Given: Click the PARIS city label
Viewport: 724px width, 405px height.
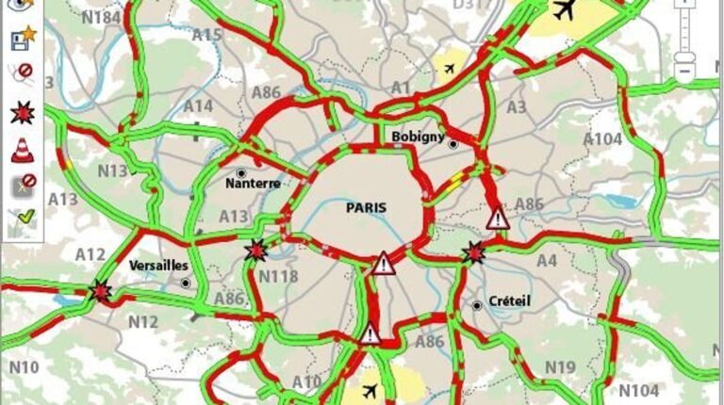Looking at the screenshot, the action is [x=367, y=207].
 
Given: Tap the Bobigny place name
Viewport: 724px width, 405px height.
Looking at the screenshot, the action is [x=418, y=137].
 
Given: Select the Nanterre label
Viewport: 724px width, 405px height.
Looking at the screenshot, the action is [x=253, y=184].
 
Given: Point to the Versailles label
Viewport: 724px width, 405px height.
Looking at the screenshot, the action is [x=156, y=266].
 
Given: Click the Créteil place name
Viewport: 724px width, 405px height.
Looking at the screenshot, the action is [x=510, y=300].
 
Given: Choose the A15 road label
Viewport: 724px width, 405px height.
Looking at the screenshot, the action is [x=206, y=36].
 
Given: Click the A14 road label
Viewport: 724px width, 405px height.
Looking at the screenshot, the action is [x=198, y=105].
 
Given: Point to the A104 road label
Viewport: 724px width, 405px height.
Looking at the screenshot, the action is [x=603, y=139].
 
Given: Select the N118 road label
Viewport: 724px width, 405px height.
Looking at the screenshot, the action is [x=278, y=275].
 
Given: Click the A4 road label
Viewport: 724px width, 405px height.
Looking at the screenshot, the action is [x=547, y=261].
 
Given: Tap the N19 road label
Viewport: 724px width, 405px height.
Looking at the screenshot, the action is [x=560, y=366].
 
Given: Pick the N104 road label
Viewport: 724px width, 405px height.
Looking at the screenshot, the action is [x=640, y=389].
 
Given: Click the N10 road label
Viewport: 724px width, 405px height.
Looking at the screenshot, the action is [x=25, y=366].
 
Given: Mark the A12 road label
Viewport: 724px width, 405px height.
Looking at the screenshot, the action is [x=90, y=254].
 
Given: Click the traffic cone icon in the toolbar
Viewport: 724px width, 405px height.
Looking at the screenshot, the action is [x=22, y=149].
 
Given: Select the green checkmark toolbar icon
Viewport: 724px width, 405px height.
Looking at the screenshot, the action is [x=22, y=221].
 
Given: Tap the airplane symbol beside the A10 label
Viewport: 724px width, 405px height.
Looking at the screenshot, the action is [x=370, y=390].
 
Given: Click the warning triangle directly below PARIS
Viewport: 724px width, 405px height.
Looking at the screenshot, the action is [x=383, y=263].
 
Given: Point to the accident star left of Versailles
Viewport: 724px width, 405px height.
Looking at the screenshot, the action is [x=100, y=291].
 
